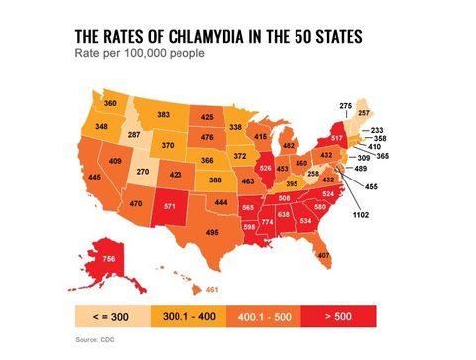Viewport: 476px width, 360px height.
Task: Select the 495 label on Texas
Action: (x=212, y=232)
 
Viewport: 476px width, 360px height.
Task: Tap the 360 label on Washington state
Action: (x=111, y=103)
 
